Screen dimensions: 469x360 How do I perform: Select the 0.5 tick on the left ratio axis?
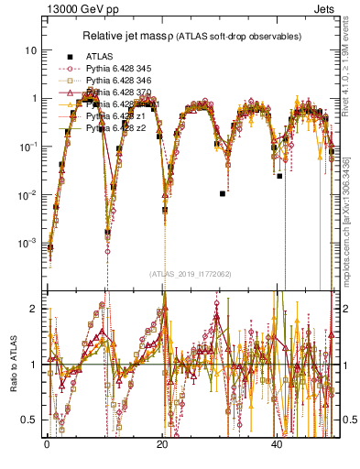click(x=31, y=420)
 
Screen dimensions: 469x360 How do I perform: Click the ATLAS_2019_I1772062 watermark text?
click(x=190, y=273)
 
